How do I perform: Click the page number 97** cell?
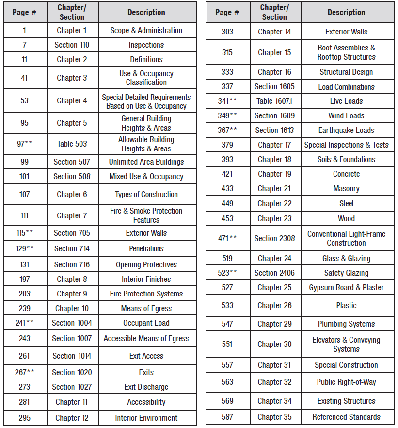pyautogui.click(x=25, y=144)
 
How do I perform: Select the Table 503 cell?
pyautogui.click(x=72, y=144)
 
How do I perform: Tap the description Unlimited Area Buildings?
pyautogui.click(x=146, y=162)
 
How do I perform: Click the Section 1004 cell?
pyautogui.click(x=72, y=323)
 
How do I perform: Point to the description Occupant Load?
pyautogui.click(x=146, y=323)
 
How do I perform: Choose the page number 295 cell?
pyautogui.click(x=25, y=418)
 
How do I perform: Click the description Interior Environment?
pyautogui.click(x=146, y=418)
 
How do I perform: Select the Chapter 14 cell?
pyautogui.click(x=274, y=32)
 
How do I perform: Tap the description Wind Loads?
pyautogui.click(x=346, y=115)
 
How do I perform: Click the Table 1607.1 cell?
pyautogui.click(x=274, y=101)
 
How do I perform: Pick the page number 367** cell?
pyautogui.click(x=227, y=130)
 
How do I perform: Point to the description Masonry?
pyautogui.click(x=346, y=188)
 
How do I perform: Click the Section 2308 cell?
pyautogui.click(x=274, y=238)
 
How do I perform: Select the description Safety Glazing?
pyautogui.click(x=346, y=273)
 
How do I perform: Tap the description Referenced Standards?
pyautogui.click(x=346, y=417)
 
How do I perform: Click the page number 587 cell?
pyautogui.click(x=227, y=417)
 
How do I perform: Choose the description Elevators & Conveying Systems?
pyautogui.click(x=346, y=345)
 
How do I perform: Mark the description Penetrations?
pyautogui.click(x=146, y=248)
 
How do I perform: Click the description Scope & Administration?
pyautogui.click(x=146, y=30)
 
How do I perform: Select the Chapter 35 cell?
pyautogui.click(x=274, y=417)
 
